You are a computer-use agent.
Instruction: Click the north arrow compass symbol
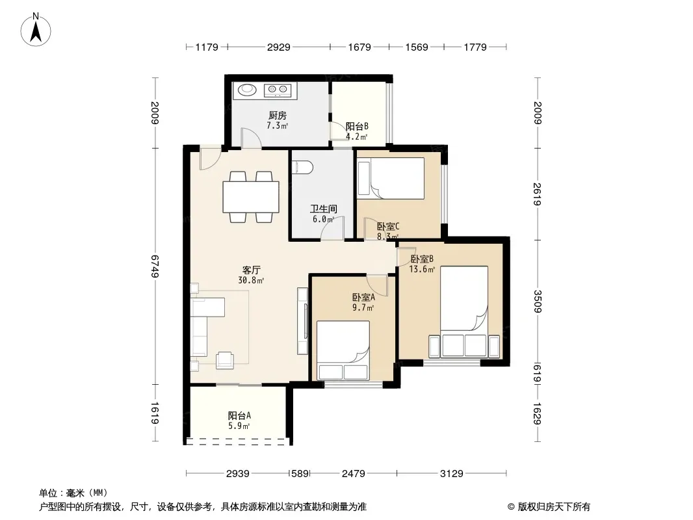coord(36,30)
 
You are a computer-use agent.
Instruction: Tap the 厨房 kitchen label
coord(278,115)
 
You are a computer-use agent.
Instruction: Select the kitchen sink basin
coord(248,90)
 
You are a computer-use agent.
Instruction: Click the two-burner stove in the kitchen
coord(278,90)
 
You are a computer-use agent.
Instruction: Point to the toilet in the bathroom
coord(303,168)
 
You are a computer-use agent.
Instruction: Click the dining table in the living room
coord(250,197)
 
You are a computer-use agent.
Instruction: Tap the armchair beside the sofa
coord(225,360)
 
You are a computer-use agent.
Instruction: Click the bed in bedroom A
coord(343,350)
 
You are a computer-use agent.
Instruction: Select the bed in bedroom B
coord(464,311)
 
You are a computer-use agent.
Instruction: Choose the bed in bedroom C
coord(391,178)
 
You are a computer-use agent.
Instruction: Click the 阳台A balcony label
coord(239,416)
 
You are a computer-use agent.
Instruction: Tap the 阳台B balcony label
coord(357,126)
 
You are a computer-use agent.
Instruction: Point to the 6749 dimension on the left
coord(155,266)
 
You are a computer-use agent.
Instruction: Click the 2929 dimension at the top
coord(279,47)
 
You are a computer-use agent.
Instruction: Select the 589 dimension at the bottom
coord(300,474)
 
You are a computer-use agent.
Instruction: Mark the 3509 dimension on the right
coord(538,302)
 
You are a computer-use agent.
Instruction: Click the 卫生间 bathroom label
coord(324,209)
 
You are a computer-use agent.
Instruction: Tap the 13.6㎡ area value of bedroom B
coord(422,269)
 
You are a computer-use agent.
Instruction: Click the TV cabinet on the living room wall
coord(303,320)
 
